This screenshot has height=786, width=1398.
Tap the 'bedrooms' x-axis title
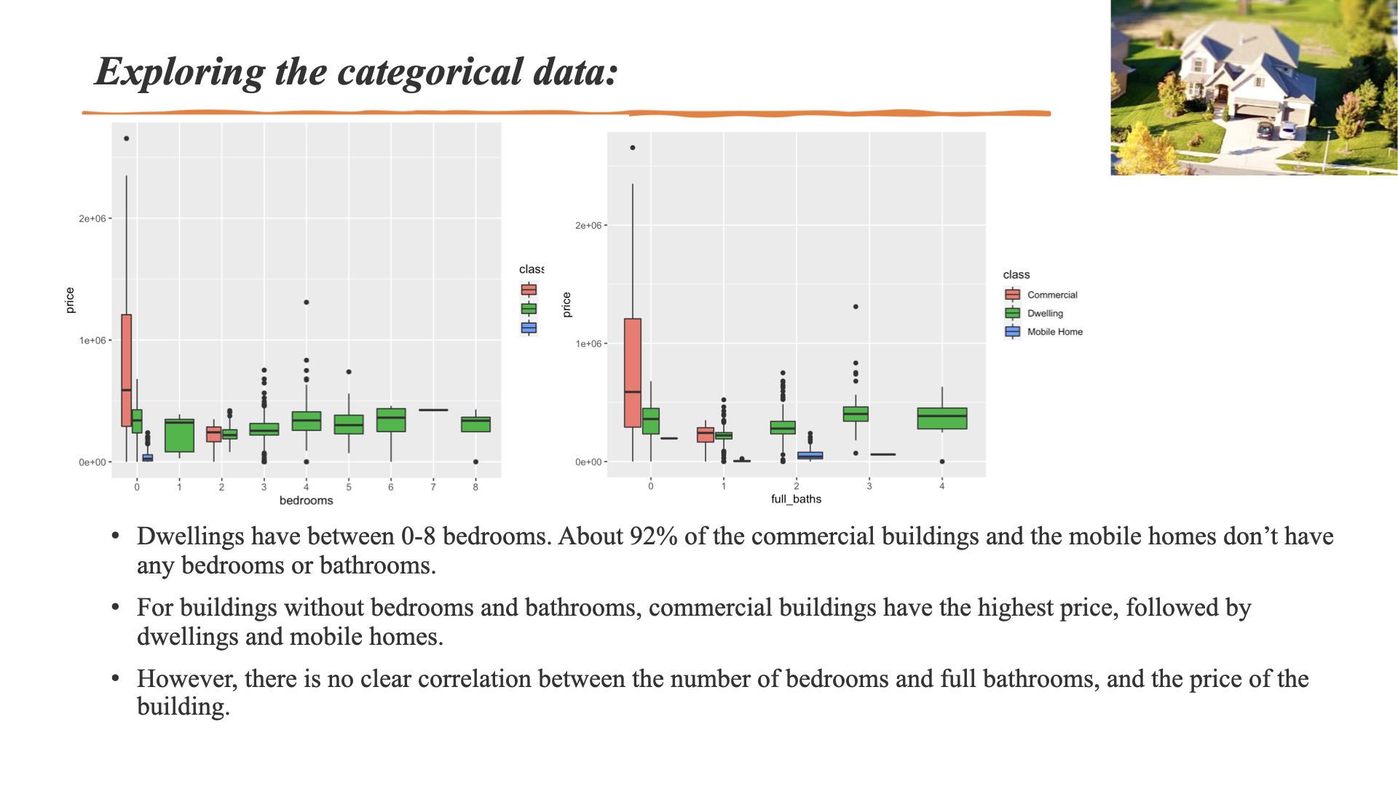306,501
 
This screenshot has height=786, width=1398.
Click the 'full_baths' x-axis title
796,499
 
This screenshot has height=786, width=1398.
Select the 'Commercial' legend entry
1051,295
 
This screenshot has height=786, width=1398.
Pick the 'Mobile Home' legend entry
1054,332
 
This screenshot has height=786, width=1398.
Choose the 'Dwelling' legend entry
1045,314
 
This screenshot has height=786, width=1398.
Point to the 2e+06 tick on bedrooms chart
92,219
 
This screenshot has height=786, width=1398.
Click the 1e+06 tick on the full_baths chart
588,344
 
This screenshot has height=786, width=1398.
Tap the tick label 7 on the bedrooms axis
433,487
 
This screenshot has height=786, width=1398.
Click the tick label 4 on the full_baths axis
941,486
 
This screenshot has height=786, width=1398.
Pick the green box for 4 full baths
941,418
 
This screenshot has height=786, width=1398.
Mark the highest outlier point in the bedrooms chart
126,138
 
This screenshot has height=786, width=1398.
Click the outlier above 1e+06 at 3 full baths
856,307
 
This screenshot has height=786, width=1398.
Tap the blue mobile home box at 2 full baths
810,456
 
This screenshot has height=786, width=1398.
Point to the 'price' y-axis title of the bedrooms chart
70,301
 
